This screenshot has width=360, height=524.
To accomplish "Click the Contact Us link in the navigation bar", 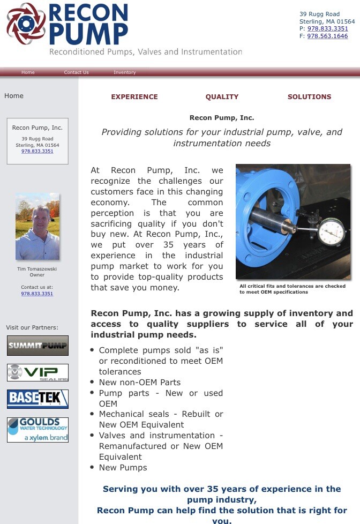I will pos(76,72).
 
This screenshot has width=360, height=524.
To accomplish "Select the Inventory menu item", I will pos(124,72).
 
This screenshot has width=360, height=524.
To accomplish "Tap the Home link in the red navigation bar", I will pos(28,72).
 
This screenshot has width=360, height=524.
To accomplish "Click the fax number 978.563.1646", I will pos(327,36).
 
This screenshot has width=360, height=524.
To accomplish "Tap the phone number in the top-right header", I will pos(327,28).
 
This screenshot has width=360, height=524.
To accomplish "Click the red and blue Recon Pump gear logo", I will pos(26,23).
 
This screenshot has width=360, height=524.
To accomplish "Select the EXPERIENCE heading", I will pos(134,97).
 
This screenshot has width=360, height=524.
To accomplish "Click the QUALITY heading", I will pos(222,97).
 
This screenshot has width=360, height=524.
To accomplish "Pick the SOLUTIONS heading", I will pos(309,97).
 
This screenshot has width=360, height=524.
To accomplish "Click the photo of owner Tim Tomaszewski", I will pos(37,227).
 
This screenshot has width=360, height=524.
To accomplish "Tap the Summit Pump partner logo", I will pos(37,346).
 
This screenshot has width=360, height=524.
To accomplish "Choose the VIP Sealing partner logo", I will pos(37,372).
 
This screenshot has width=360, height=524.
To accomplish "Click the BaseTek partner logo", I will pos(37,399).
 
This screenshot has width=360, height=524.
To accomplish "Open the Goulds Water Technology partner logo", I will pos(37,430).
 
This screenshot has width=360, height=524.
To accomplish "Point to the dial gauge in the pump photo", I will pos(331,231).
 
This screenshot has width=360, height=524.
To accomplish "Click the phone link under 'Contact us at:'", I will pos(37,294).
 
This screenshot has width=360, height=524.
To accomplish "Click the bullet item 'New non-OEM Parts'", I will pos(140,382).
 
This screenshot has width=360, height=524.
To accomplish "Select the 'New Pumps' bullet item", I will pos(123,467).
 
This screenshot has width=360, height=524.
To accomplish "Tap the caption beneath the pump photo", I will pos(292,289).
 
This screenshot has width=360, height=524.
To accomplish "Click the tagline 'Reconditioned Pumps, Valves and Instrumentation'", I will pos(146,52).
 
